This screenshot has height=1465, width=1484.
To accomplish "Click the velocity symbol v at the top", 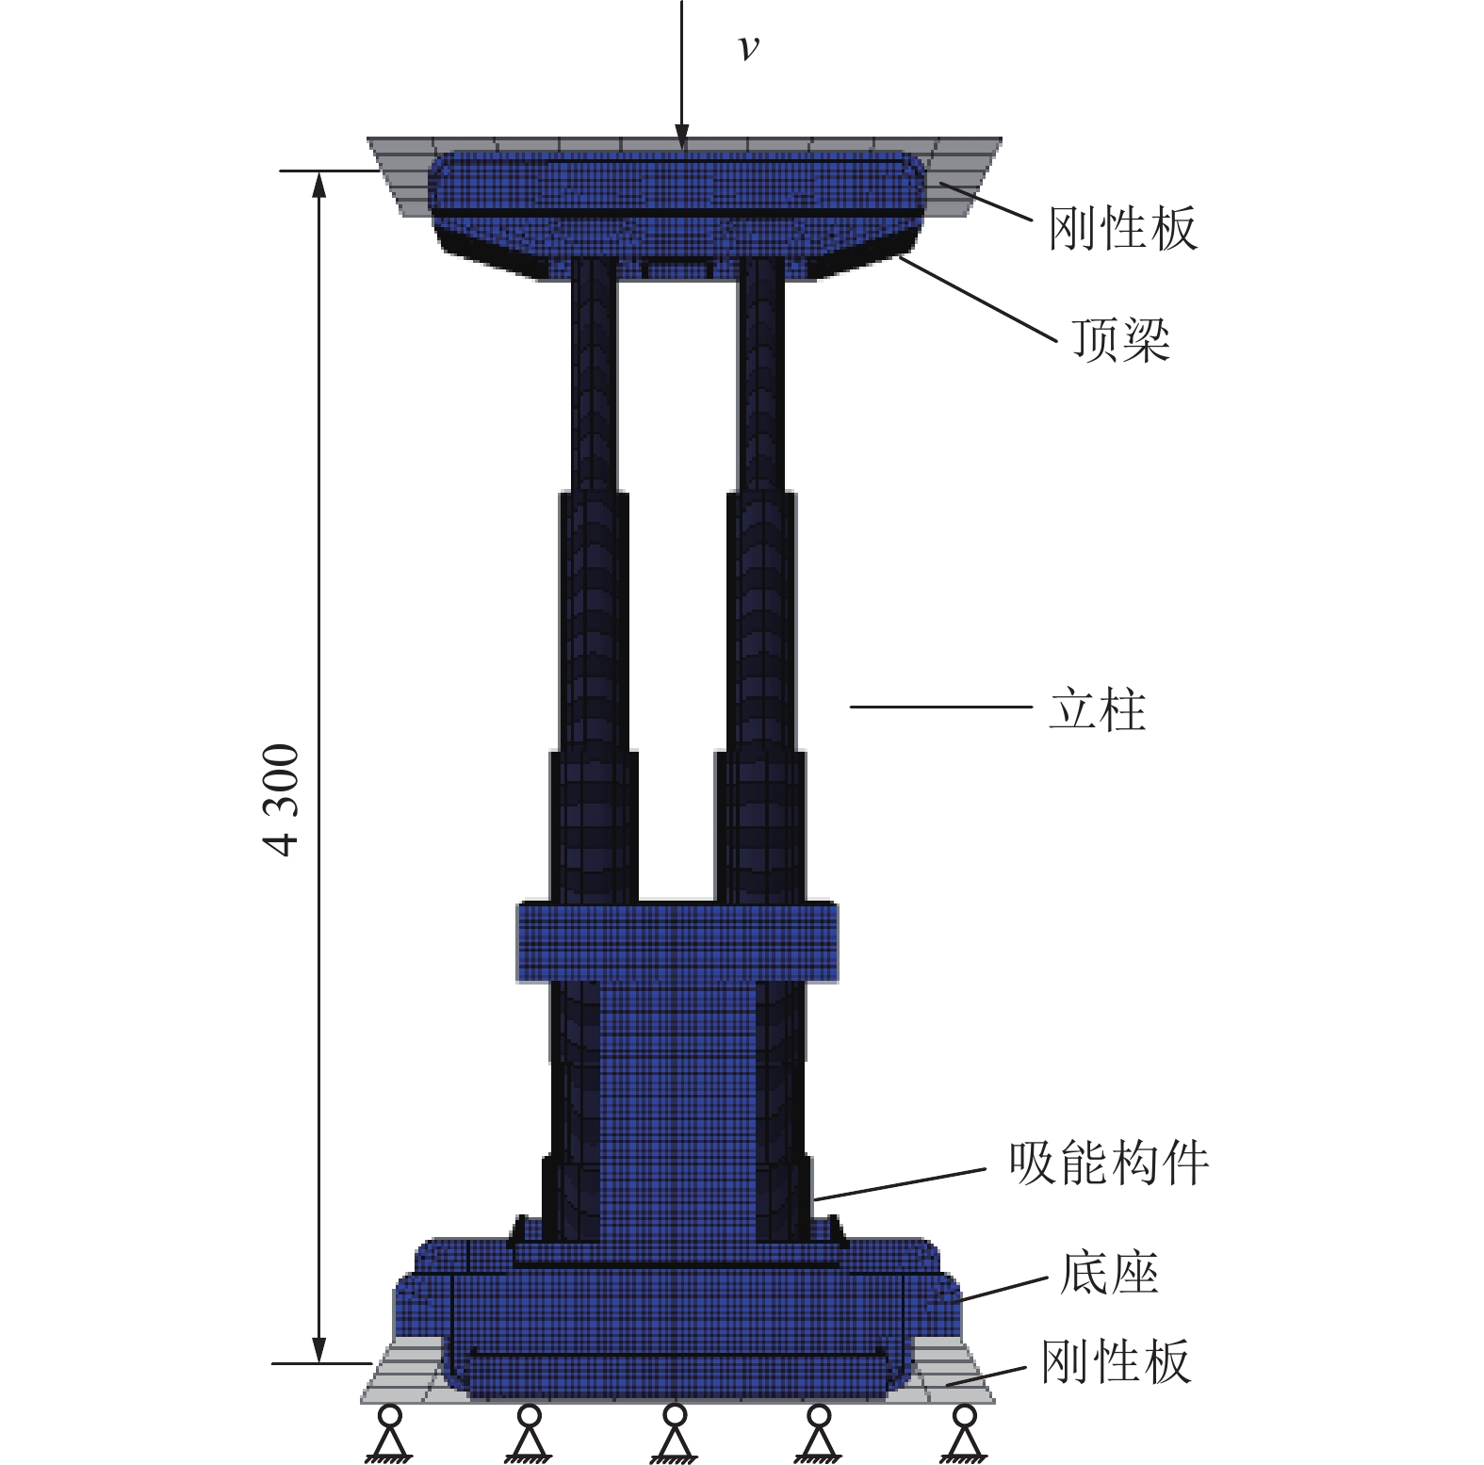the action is (748, 47).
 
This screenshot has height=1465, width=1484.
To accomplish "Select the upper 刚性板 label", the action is (1122, 228).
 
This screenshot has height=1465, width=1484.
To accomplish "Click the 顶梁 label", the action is (1121, 339).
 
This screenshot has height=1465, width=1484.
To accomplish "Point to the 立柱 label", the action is (1098, 708).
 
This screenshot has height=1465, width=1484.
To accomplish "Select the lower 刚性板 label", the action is (1116, 1361).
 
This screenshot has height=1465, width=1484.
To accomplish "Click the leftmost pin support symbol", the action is (389, 1433).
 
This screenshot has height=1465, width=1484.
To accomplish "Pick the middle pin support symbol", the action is (674, 1433).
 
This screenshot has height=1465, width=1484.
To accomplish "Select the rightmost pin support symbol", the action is (964, 1433).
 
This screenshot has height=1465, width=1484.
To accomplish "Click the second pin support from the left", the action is (529, 1433).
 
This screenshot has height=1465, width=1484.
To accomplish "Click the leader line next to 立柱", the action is (941, 707).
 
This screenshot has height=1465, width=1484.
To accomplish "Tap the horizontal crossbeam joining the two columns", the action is (677, 942).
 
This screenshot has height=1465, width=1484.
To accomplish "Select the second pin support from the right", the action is (819, 1433).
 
